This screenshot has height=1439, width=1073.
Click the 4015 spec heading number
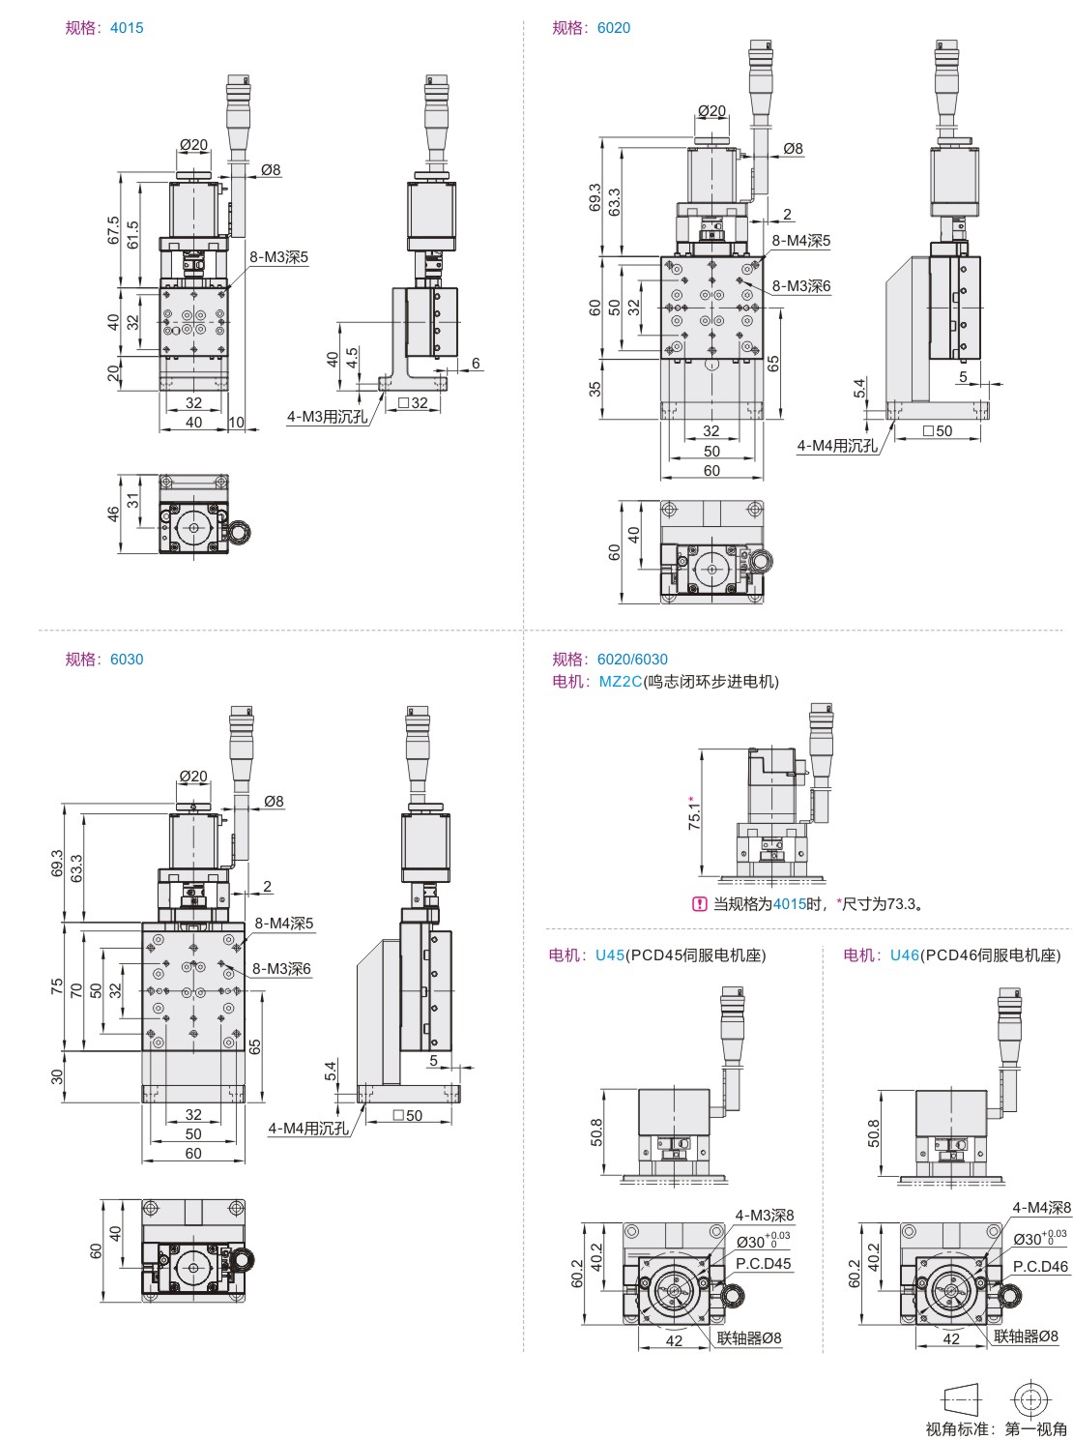127,28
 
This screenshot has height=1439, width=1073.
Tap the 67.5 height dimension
114,230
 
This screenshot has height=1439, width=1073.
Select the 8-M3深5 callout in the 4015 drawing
279,257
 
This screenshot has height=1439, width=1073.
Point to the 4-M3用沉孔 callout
327,417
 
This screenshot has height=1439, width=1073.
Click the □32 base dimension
413,403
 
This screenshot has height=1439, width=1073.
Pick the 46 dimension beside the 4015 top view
113,514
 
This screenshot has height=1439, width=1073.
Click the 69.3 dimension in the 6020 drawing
594,198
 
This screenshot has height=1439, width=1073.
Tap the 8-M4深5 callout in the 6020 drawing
800,241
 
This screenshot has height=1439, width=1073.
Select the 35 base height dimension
594,389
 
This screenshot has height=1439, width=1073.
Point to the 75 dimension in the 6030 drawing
57,986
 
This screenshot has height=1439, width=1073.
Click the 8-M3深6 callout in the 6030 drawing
281,969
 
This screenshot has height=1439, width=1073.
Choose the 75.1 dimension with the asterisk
694,813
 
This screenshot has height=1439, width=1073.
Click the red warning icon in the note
700,904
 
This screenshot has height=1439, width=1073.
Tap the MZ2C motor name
620,682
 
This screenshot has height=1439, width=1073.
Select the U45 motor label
610,955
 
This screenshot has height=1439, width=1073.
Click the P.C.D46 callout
1040,1266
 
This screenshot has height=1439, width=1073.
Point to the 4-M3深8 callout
765,1216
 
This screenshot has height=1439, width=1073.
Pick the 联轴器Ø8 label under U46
1026,1336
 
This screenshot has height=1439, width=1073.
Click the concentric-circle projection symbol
1030,1399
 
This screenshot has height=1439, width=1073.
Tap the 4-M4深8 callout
1041,1207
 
